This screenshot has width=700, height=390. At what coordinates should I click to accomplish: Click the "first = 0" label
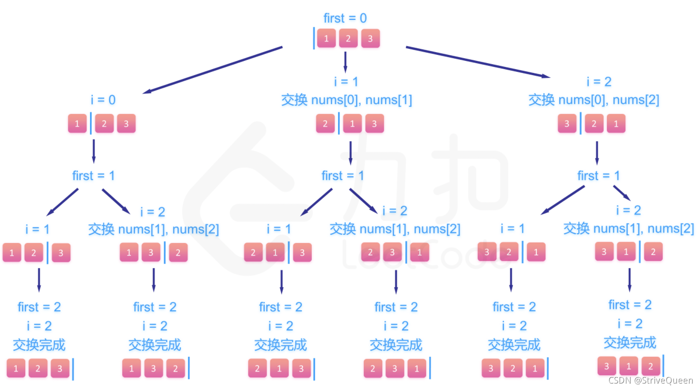coord(345,18)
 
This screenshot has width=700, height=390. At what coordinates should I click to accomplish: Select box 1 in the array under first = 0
coord(326,39)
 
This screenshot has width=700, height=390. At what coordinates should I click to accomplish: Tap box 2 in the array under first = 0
coord(348,39)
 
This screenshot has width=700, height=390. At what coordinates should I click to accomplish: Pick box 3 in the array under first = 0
coord(370,39)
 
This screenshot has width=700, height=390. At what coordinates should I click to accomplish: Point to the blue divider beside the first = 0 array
coord(314,38)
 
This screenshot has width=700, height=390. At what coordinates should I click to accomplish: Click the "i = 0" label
coord(103,100)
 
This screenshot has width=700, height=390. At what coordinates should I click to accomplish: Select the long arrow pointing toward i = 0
coord(212,70)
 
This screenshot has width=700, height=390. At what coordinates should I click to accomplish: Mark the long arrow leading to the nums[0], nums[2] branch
coord(478,62)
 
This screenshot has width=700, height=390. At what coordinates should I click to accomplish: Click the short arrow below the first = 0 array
coord(345,62)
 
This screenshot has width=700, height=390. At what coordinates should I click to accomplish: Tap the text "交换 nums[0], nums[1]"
coord(346,100)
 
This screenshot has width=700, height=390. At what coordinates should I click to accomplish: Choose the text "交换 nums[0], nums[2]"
coord(593,100)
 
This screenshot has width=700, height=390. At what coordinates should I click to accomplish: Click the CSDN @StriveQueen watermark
coord(650,380)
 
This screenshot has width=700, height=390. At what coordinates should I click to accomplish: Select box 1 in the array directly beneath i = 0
coord(77,124)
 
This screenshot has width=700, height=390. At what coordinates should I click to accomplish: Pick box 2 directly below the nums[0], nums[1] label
coord(325,124)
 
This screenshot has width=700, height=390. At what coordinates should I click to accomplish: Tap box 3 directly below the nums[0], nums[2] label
coord(567,124)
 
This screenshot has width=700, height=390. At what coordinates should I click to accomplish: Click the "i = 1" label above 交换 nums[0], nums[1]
coord(346,82)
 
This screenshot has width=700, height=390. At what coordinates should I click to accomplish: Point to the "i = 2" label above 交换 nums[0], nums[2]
coord(599,82)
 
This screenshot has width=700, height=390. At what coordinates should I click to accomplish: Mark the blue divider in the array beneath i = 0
coord(91,124)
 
